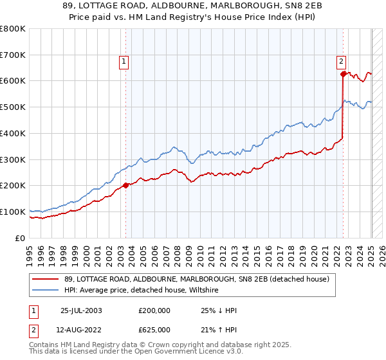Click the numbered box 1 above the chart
coord(124,62)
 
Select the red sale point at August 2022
coord(343,75)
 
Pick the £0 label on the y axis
coord(21,238)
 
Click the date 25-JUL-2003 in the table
coord(81,310)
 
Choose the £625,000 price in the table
coord(154,330)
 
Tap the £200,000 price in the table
coord(154,310)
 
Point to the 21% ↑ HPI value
coord(219,330)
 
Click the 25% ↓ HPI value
coord(219,310)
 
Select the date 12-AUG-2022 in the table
coord(82,330)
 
